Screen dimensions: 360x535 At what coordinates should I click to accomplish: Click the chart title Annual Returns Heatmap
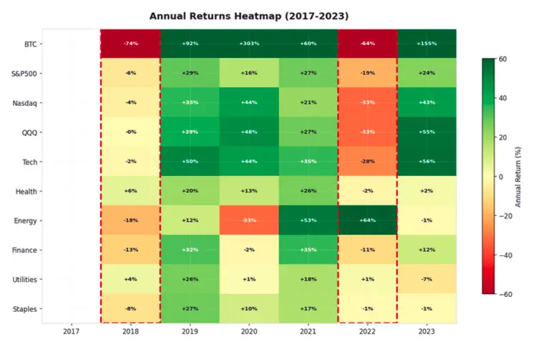(249, 15)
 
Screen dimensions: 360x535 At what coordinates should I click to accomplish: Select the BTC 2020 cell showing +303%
(249, 44)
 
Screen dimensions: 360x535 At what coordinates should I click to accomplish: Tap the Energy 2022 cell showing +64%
(367, 220)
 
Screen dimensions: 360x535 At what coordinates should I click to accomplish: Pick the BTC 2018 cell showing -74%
(130, 44)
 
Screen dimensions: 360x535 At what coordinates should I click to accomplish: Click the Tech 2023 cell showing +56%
(426, 162)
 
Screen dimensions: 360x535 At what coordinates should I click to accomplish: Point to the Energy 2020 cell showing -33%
(249, 220)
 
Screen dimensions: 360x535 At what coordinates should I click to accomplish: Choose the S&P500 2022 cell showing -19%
(367, 73)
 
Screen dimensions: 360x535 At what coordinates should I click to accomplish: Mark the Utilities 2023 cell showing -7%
(426, 279)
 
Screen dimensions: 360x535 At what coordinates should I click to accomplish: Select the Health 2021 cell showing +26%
(308, 191)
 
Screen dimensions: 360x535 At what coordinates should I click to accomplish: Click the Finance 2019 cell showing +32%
(190, 250)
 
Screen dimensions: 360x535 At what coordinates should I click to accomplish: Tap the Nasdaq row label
(25, 103)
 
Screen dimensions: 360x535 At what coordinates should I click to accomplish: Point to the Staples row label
(25, 309)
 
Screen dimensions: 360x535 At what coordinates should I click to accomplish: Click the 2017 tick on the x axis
(71, 332)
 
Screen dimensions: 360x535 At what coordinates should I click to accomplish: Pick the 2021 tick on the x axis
(308, 332)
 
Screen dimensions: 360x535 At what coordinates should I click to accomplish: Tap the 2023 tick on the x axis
(426, 332)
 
